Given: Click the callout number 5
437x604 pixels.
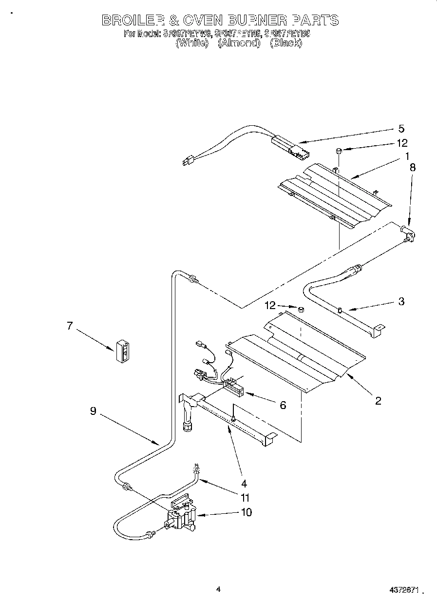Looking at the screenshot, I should point(401,129).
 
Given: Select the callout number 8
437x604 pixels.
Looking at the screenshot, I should point(413,166).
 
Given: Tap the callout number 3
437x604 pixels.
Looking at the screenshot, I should point(401,301).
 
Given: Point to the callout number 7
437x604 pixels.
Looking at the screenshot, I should point(70,326).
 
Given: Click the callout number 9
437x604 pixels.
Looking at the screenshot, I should point(93,411).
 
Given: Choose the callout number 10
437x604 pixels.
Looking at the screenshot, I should point(247,512).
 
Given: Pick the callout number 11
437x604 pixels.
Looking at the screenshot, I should point(245,498).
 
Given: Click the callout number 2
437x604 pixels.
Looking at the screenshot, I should point(378,401).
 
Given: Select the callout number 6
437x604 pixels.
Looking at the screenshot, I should point(283,405).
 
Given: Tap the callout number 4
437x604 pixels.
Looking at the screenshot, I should point(244,484).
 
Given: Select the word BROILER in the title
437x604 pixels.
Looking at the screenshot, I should point(132,20).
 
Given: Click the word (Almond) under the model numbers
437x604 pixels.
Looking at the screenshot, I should point(239,43).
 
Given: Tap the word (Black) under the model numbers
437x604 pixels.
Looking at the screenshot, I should point(286,43).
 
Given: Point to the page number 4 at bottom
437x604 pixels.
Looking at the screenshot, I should point(218,589).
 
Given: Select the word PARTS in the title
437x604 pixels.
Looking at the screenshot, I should point(315,20).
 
